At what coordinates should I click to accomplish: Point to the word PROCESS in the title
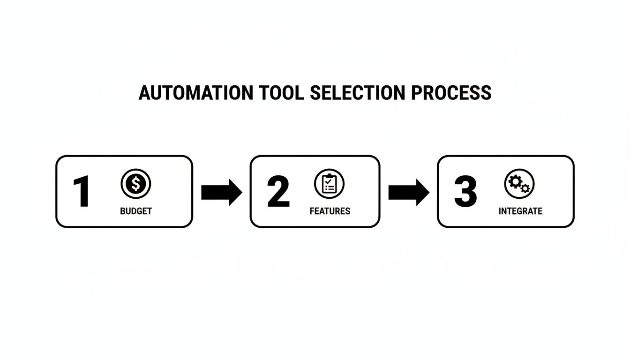(x=451, y=93)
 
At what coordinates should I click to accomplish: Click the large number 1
(x=82, y=192)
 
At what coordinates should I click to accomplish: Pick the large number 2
(x=278, y=192)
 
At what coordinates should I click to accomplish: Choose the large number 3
(x=465, y=192)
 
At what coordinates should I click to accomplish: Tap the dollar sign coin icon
(x=136, y=184)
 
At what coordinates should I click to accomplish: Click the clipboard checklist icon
(x=330, y=184)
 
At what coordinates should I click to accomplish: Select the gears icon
(x=519, y=184)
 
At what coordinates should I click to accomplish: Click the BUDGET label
(x=136, y=211)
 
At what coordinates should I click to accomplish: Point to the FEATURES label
(x=330, y=211)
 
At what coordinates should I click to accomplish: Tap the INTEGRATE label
(x=520, y=211)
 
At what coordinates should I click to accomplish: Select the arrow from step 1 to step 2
(x=221, y=192)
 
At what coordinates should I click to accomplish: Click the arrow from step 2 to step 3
(x=409, y=192)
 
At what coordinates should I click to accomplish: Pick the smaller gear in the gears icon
(x=525, y=188)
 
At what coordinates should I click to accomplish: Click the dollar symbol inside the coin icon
(x=136, y=184)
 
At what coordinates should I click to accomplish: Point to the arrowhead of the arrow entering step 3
(x=423, y=192)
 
